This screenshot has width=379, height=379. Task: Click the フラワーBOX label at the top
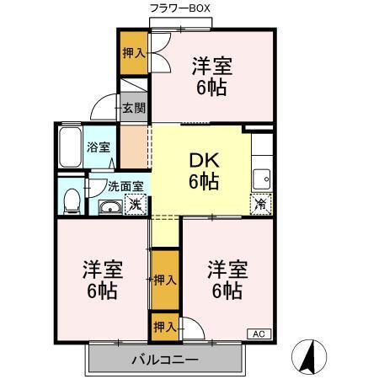[179, 8]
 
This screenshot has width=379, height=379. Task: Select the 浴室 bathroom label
[98, 147]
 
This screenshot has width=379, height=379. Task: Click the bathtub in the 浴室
[70, 148]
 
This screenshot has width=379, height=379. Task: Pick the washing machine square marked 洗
[134, 204]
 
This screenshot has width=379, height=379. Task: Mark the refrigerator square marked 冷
[260, 203]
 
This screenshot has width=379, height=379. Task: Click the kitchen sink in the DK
[262, 179]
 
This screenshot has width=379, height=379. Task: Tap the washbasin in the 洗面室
[109, 207]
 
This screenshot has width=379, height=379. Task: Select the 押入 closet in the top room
[132, 52]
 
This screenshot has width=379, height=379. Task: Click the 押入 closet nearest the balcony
[164, 326]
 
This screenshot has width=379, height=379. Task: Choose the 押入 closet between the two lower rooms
[164, 279]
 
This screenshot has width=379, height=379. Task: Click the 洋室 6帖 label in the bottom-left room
[102, 280]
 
